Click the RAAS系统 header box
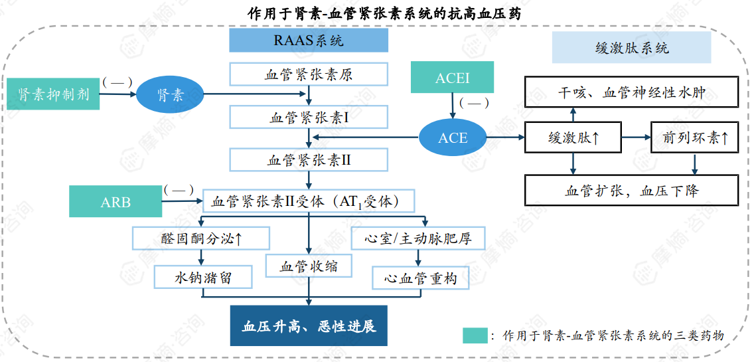pyautogui.click(x=309, y=41)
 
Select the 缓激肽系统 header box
pyautogui.click(x=631, y=48)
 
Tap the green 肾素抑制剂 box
pyautogui.click(x=54, y=94)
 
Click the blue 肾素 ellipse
pyautogui.click(x=171, y=95)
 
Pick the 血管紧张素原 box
pyautogui.click(x=309, y=74)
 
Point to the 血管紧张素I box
pyautogui.click(x=309, y=118)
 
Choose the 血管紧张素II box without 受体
pyautogui.click(x=309, y=159)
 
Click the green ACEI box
pyautogui.click(x=452, y=78)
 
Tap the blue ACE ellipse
pyautogui.click(x=453, y=138)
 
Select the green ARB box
pyautogui.click(x=115, y=202)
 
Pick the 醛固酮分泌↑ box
pyautogui.click(x=201, y=238)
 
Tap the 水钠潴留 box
pyautogui.click(x=203, y=277)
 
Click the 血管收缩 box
pyautogui.click(x=309, y=266)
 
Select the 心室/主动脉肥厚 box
pyautogui.click(x=418, y=238)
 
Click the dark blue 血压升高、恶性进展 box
pyautogui.click(x=309, y=326)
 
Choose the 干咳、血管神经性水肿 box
pyautogui.click(x=631, y=92)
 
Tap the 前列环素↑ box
pyautogui.click(x=694, y=138)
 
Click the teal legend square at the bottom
pyautogui.click(x=475, y=335)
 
